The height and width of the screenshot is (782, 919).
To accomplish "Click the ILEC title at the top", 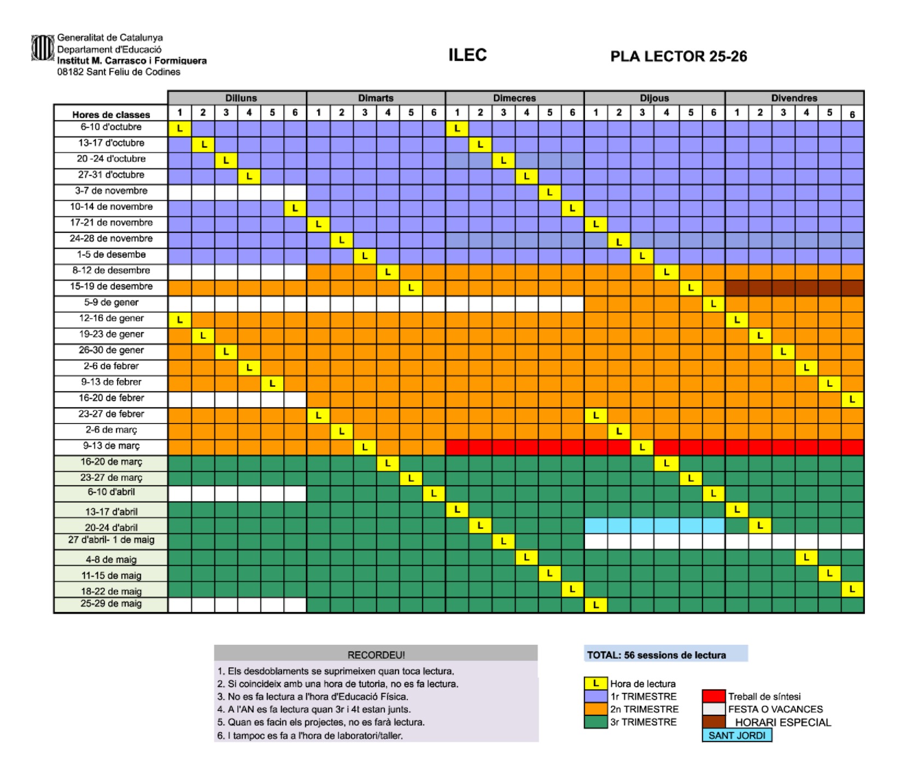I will coord(467,55).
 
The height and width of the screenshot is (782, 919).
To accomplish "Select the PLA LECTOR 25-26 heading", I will coord(678,56).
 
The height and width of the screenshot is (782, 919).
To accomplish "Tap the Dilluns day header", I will coord(241,98).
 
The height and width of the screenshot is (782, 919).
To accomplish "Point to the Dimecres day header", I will coord(514,98).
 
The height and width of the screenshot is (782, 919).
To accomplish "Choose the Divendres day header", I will coord(794,98).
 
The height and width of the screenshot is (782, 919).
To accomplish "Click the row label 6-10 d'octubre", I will coord(111,127).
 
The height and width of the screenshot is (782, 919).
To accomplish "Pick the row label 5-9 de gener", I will coord(111,302).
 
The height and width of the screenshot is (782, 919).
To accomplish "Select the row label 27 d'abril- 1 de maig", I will coord(111,540).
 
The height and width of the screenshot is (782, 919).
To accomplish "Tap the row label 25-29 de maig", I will coord(111,604).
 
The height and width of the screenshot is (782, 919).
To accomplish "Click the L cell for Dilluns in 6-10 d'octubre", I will coord(180,129).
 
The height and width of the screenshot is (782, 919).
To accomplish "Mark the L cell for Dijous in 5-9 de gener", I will coord(713,304).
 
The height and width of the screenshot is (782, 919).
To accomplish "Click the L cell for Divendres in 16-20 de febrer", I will coord(852,399).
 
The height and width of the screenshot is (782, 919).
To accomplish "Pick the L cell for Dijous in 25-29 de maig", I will coord(596,605).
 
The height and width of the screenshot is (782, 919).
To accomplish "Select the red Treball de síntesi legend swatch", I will coord(713,696).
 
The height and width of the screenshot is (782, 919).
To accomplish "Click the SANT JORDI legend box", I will coord(737,736).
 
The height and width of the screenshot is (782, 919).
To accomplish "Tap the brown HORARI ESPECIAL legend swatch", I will coord(713,722).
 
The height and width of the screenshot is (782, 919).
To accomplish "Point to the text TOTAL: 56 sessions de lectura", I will coord(656,655).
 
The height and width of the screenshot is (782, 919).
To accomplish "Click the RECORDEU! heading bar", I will coord(376,655).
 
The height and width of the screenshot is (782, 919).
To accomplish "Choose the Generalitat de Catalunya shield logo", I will coord(42,48).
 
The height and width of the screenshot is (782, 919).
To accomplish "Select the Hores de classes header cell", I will coord(111,114).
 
